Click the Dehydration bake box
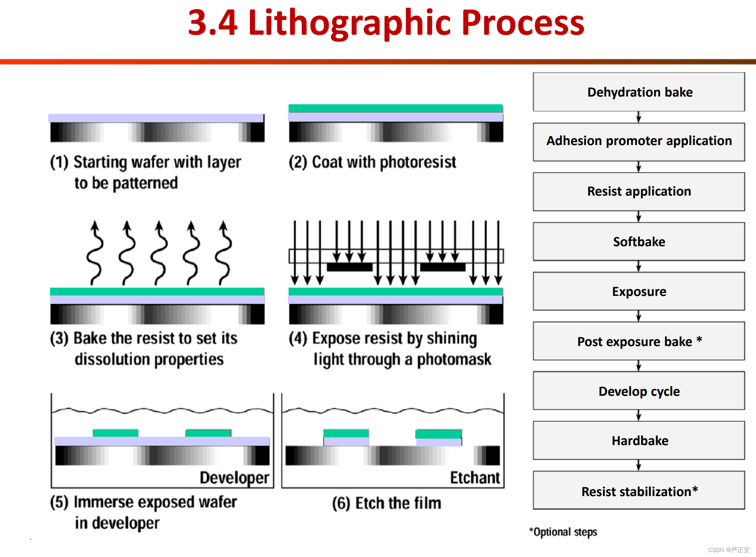coord(639,92)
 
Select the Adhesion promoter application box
coord(639,142)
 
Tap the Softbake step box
coord(639,242)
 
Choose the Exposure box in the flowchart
coord(639,291)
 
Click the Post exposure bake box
coord(639,341)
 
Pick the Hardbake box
coord(639,441)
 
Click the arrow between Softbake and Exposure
coord(639,266)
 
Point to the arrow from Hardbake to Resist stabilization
coord(639,465)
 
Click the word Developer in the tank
coord(234,478)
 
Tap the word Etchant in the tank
coord(475,478)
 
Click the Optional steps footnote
coord(563,532)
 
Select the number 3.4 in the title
coord(213,23)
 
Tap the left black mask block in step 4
coord(350,267)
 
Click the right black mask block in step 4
coord(443,267)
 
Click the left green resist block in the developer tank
coord(115,433)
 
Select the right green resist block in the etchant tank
coord(438,434)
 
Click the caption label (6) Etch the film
coord(386,503)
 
